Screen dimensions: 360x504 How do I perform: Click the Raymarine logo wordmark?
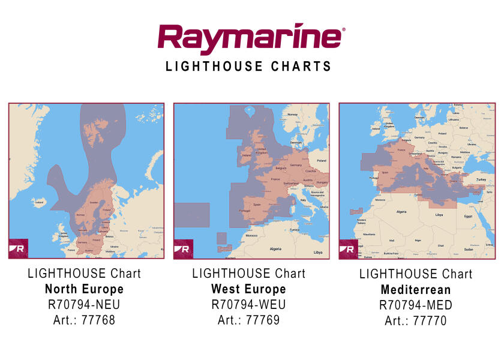click(x=251, y=40)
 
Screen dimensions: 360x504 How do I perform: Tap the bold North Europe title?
click(x=84, y=289)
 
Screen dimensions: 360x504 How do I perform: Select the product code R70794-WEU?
click(x=248, y=305)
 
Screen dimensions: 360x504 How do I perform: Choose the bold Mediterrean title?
click(x=416, y=290)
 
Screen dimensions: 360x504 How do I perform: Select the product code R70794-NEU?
click(x=84, y=305)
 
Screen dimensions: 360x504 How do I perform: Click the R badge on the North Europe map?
click(x=19, y=248)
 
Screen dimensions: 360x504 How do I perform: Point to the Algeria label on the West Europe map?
click(x=275, y=248)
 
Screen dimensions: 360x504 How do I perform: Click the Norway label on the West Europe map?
click(x=293, y=115)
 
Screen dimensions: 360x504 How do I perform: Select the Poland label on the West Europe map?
click(x=321, y=161)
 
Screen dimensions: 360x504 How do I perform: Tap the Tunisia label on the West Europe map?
click(x=294, y=229)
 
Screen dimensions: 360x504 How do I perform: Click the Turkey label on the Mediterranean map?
click(x=481, y=179)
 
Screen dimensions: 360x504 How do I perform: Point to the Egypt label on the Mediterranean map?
click(x=469, y=215)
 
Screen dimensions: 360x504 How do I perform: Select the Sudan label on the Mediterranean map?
click(x=468, y=248)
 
